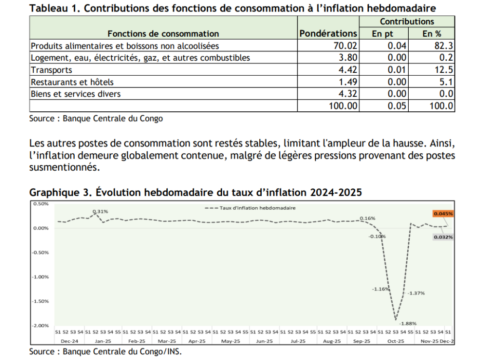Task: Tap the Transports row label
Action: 51,70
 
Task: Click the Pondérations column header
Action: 328,34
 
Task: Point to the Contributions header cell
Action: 407,22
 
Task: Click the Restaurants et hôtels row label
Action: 72,82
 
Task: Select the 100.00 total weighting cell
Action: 343,106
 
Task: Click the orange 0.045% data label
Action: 443,213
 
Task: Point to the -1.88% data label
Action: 407,323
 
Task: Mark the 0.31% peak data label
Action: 101,212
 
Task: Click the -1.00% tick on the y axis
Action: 41,277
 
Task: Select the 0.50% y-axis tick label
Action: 41,203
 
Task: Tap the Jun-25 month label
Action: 264,341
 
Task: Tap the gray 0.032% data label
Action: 443,237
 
